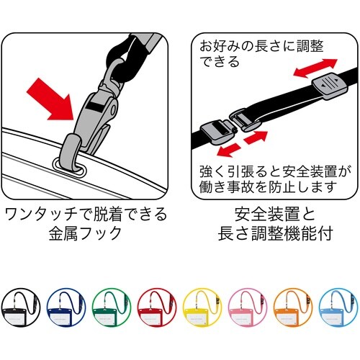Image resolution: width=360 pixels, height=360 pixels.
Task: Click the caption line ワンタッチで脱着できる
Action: pos(86,214)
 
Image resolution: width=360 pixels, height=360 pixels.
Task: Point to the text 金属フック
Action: pos(86,235)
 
